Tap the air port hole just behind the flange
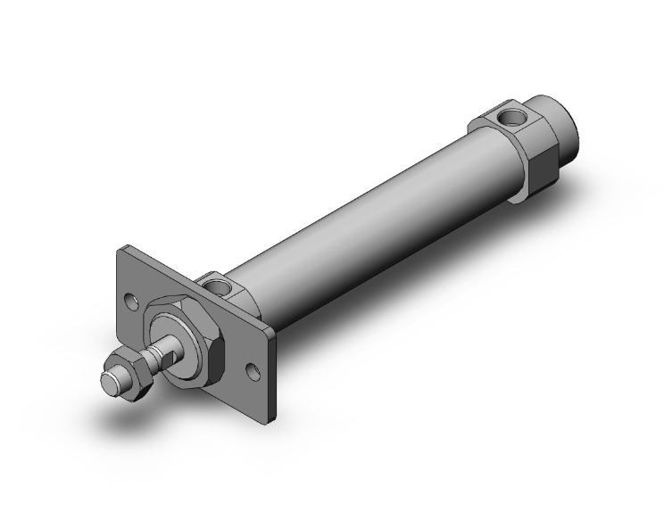216,286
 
